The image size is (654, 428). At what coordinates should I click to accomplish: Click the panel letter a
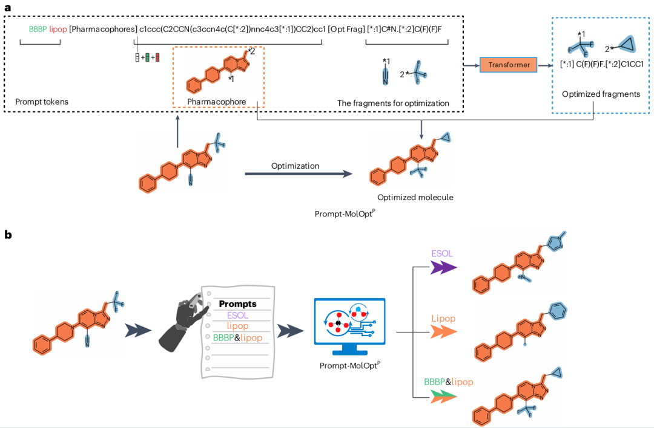(8, 8)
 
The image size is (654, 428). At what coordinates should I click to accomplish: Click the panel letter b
(8, 234)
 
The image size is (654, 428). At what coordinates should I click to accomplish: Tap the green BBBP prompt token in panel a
(38, 29)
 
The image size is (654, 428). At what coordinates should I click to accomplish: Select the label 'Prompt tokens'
(42, 102)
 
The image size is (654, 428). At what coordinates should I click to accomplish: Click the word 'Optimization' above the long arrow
(295, 166)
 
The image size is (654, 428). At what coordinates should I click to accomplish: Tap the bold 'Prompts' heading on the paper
(237, 303)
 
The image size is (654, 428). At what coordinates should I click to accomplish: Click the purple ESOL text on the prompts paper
(237, 315)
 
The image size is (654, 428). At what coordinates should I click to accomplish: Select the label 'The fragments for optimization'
(393, 103)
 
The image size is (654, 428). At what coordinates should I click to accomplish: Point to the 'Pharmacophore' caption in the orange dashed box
(216, 102)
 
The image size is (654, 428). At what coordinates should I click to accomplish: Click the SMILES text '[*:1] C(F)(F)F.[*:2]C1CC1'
(601, 64)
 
